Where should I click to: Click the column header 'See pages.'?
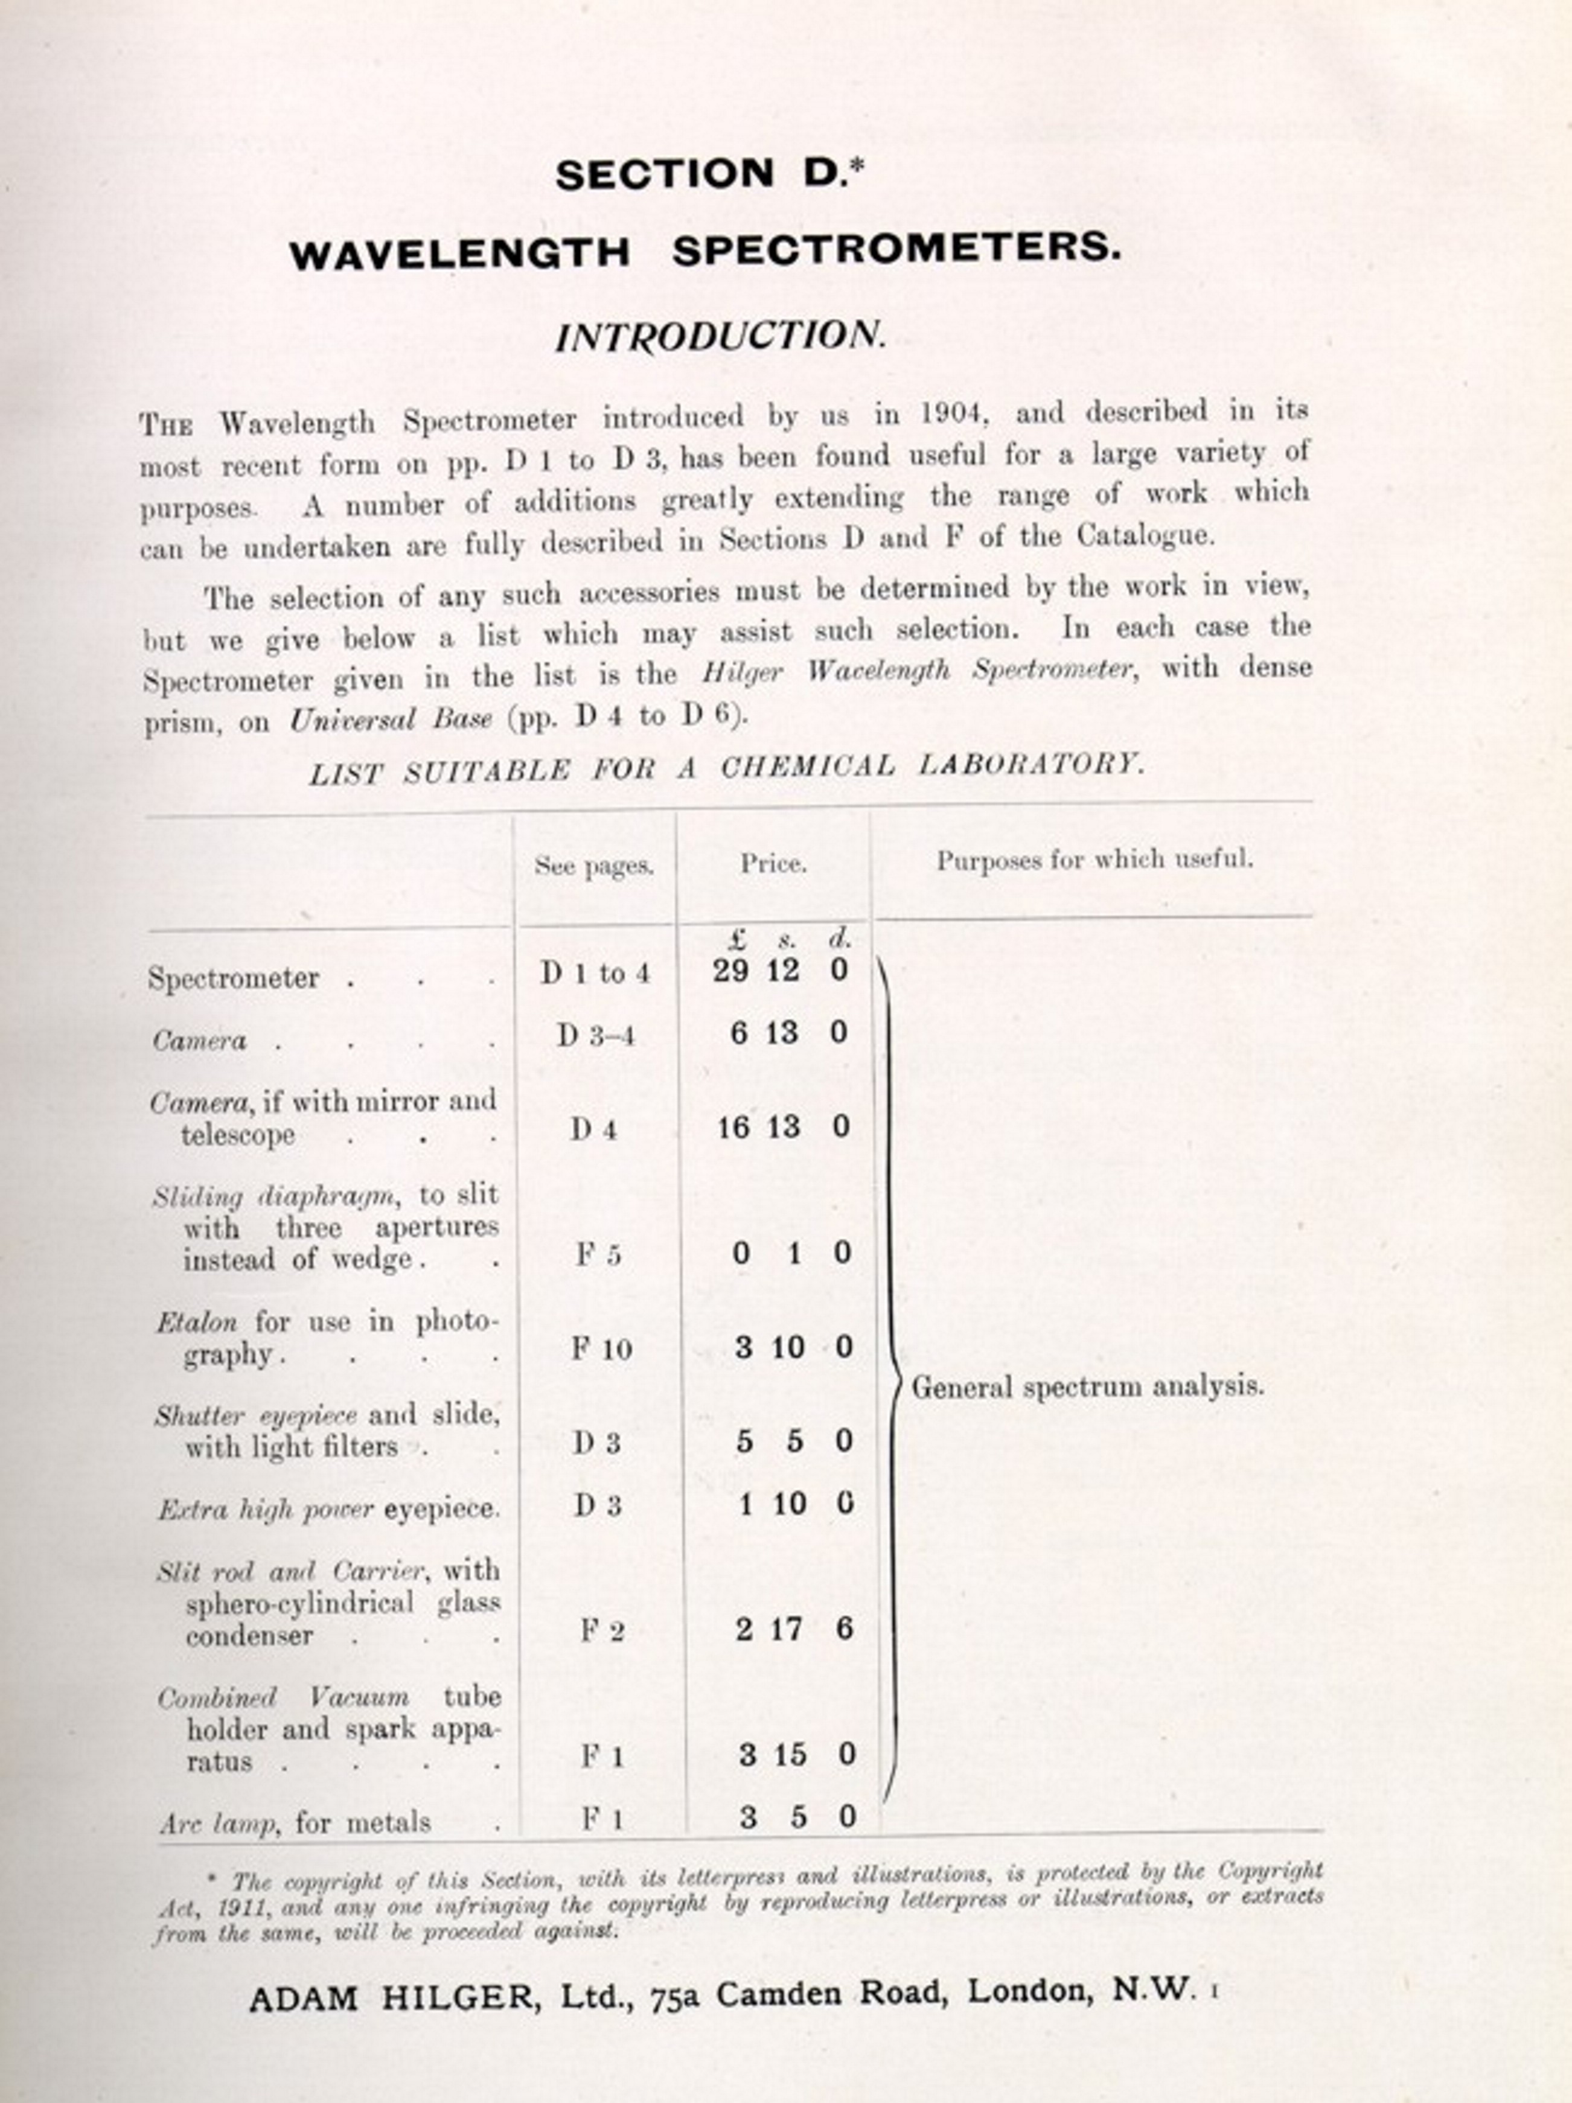click(x=595, y=865)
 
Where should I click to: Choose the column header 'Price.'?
click(x=773, y=863)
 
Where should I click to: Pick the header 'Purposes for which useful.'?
click(x=1094, y=860)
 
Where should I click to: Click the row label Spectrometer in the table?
click(x=234, y=978)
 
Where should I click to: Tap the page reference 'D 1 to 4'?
click(x=595, y=972)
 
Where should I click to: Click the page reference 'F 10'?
click(x=601, y=1348)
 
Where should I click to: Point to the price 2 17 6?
click(x=793, y=1630)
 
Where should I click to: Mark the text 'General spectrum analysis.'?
click(x=1087, y=1386)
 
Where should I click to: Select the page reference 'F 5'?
click(x=598, y=1255)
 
